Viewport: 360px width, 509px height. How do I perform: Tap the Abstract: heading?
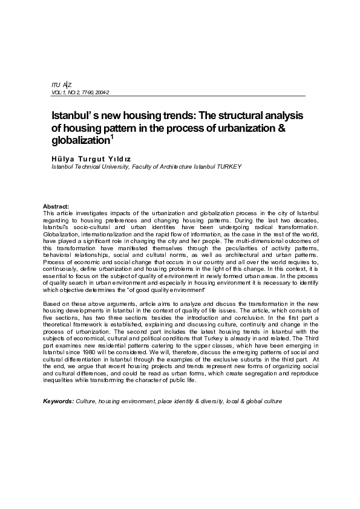coord(57,207)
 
